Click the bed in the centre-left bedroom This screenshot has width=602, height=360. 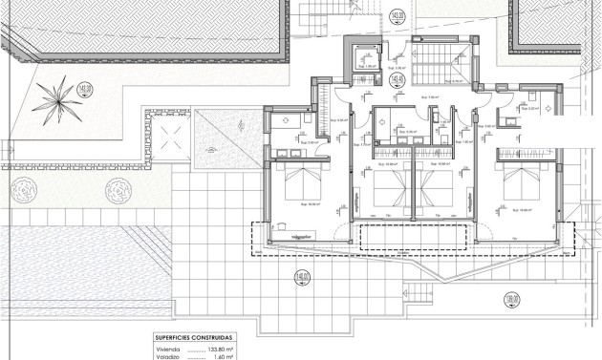coord(387,186)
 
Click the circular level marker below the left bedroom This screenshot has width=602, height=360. coord(303,279)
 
